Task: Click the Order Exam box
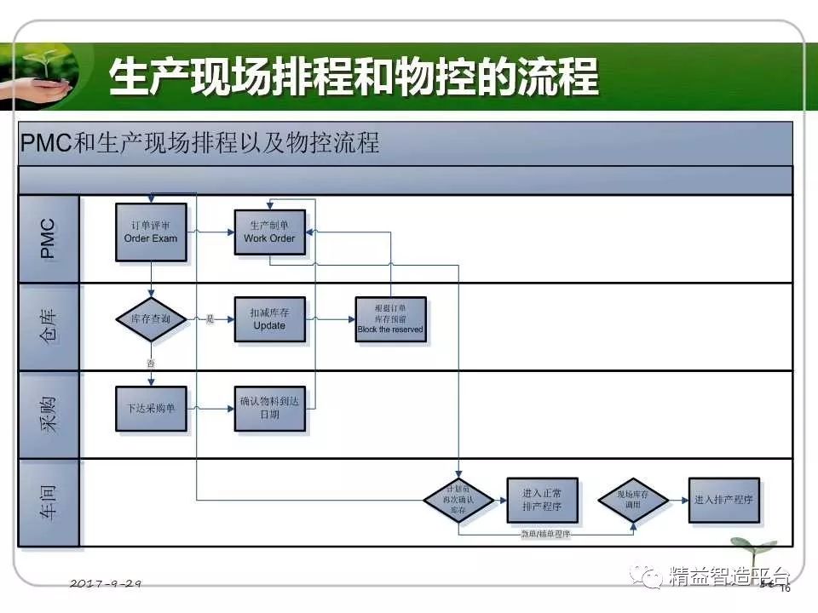(151, 232)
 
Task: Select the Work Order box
(269, 232)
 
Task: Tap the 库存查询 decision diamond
(151, 319)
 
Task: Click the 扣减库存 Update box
(269, 319)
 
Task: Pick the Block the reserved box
(390, 319)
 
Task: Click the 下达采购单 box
(151, 409)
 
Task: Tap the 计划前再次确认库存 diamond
(458, 498)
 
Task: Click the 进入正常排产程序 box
(542, 500)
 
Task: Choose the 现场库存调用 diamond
(634, 498)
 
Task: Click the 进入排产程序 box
(723, 500)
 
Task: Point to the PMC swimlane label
(49, 238)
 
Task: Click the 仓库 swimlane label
(49, 326)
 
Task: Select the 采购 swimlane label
(49, 414)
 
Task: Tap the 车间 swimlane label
(49, 501)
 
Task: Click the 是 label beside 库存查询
(210, 319)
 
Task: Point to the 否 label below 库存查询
(151, 363)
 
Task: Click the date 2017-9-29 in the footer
(106, 585)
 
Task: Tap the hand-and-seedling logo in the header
(38, 72)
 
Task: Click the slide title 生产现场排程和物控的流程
(354, 78)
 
